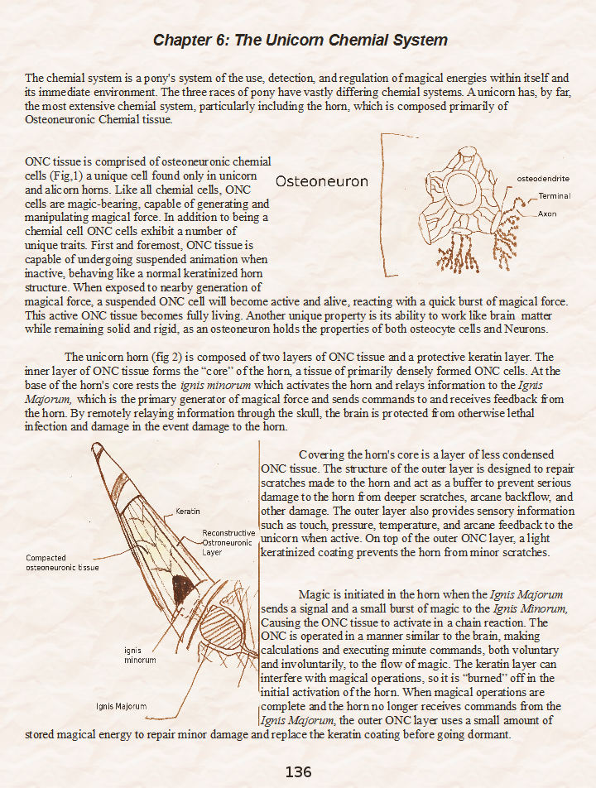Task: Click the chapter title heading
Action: (300, 40)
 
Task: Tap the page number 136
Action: (298, 771)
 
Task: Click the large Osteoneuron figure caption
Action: (321, 181)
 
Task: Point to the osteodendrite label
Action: (542, 179)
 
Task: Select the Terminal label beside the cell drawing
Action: (554, 196)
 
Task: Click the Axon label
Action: (547, 214)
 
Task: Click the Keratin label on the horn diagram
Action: (188, 512)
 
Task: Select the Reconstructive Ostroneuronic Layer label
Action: (228, 542)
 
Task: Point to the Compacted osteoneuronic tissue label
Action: (62, 563)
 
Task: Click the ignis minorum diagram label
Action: (140, 656)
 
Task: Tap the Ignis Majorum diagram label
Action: (121, 706)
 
